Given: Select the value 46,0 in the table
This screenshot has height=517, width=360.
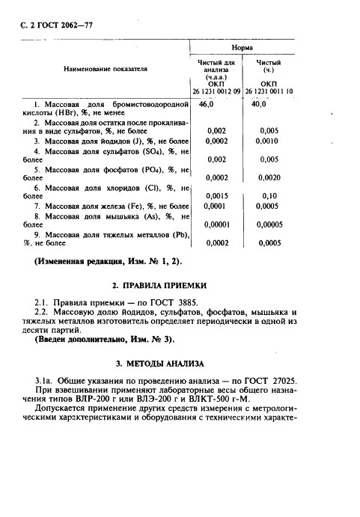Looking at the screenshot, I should coord(215,104).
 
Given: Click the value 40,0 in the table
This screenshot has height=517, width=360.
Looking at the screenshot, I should coord(260,104).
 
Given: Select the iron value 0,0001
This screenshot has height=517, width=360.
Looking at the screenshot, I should coord(217,206).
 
